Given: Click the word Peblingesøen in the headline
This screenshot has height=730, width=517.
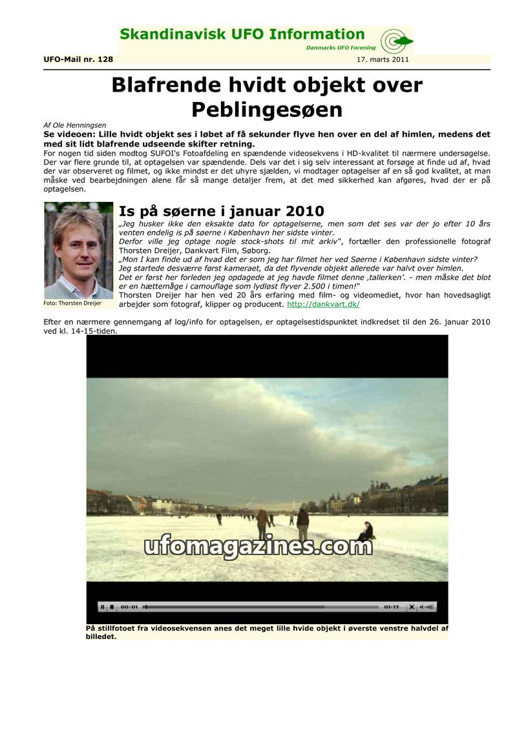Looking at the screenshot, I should [267, 109].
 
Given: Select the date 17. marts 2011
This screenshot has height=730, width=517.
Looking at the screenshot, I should [383, 59].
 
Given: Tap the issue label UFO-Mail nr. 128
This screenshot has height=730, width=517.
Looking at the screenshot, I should [78, 59].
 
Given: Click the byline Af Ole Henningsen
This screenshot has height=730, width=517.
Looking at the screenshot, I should [74, 125].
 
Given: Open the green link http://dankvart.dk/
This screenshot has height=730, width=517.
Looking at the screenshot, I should [323, 304].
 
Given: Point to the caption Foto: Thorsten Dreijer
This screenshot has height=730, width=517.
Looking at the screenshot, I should [72, 303].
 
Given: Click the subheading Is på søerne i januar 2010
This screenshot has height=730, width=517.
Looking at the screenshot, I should [221, 211].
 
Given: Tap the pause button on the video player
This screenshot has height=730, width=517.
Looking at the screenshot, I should [102, 607].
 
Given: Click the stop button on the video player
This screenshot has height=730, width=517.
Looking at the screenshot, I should [112, 607].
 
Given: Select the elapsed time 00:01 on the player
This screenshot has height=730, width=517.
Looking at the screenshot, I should [129, 607].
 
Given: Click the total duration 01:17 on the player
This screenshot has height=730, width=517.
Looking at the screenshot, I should [391, 607].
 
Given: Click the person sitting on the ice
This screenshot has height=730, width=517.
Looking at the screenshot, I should [366, 532].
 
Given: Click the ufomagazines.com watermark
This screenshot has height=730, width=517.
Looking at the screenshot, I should [258, 547].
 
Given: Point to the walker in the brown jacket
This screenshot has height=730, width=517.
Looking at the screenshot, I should [262, 523].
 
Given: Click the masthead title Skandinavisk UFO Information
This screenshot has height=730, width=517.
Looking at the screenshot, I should [242, 34].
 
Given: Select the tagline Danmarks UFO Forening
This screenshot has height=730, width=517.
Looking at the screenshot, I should [340, 48].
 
